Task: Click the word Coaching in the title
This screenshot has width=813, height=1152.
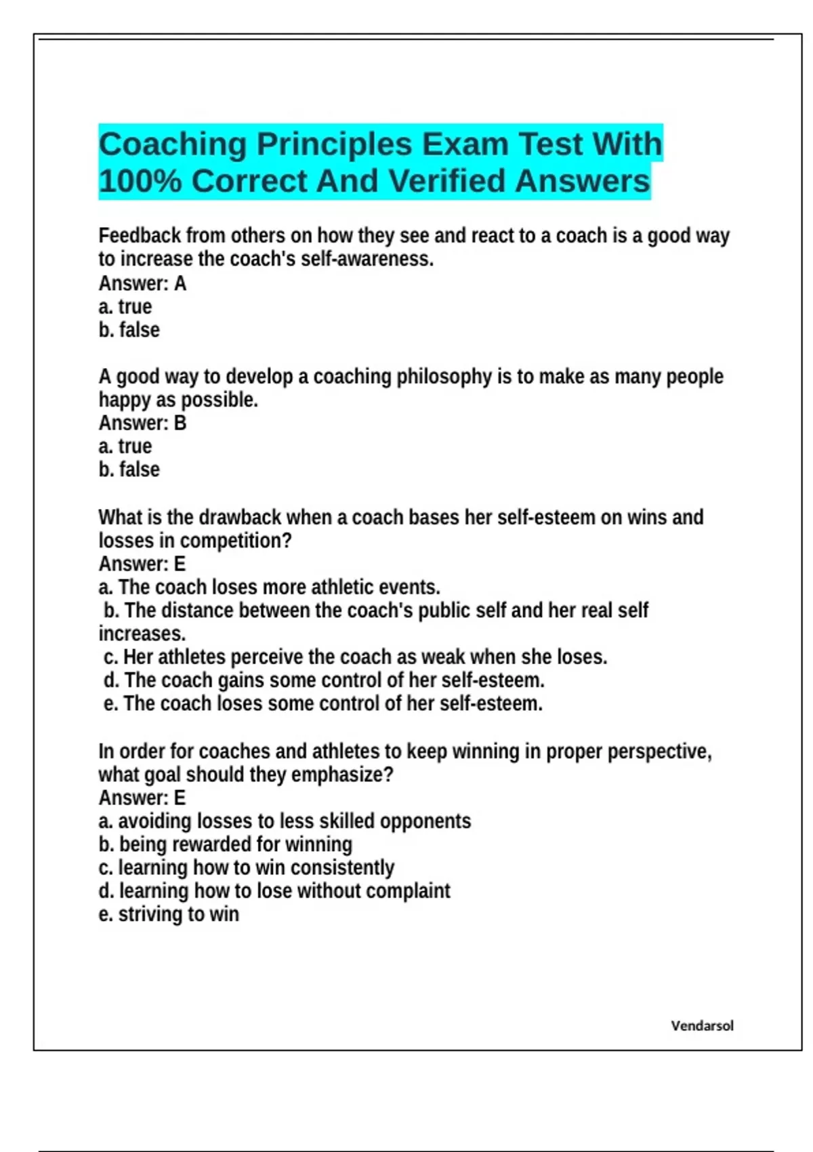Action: point(172,144)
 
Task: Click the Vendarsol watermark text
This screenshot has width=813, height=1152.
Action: point(702,1025)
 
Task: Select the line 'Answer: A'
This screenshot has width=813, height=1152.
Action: point(142,283)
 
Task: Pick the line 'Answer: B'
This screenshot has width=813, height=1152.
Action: point(142,423)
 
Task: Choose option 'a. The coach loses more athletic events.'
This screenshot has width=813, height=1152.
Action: point(270,587)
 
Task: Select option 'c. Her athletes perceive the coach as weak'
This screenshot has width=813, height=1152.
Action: point(355,657)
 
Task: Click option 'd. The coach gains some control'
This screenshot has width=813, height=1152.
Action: point(324,680)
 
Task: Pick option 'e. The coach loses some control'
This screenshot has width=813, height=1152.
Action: point(322,703)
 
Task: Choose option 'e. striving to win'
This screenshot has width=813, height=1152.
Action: point(169,914)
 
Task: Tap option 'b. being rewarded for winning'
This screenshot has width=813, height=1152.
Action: point(225,844)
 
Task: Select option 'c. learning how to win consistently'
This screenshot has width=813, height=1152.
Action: point(246,867)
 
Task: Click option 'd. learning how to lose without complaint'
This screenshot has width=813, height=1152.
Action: point(274,890)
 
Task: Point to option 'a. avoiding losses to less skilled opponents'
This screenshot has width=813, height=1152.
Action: point(285,821)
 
